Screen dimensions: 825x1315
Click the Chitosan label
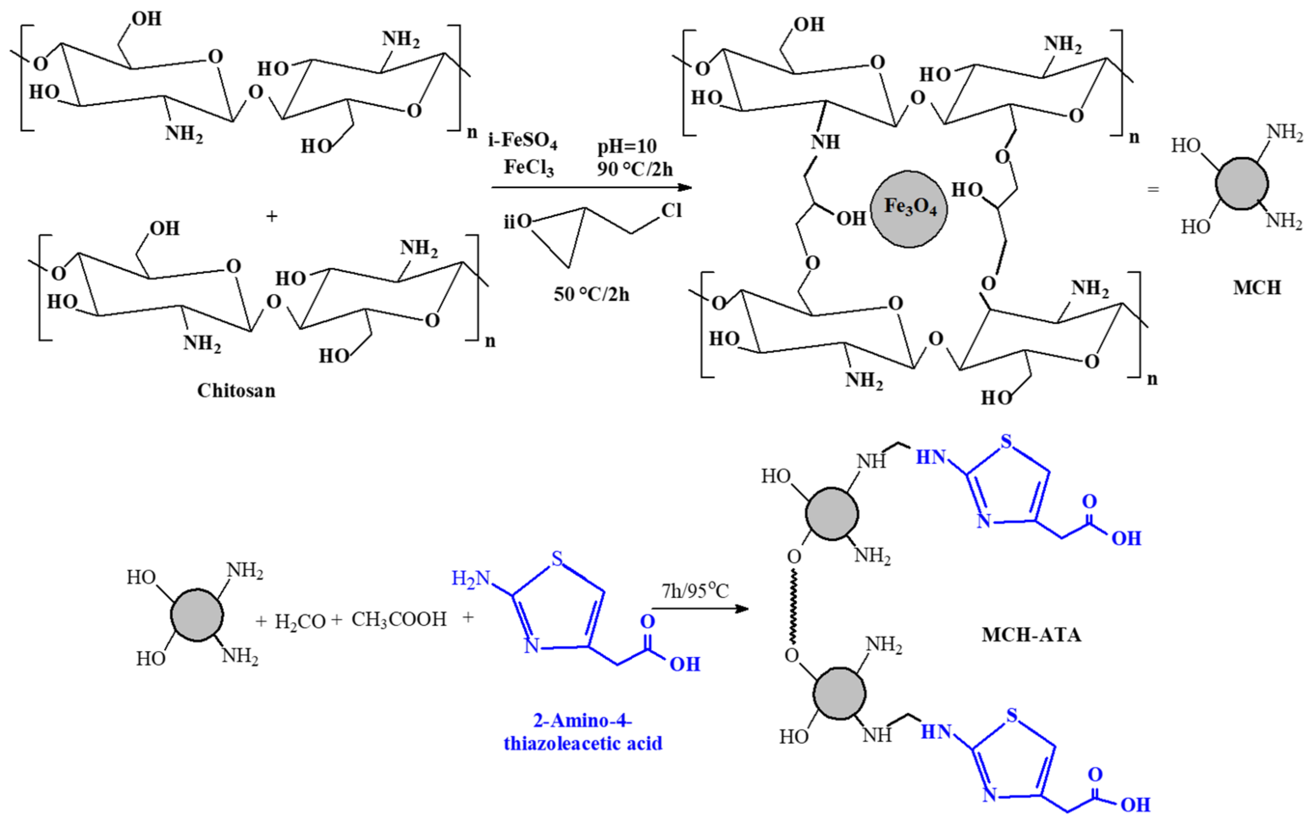236,390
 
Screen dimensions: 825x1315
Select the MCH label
1257,288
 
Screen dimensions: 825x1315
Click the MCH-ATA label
1031,634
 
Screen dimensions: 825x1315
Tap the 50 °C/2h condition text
591,295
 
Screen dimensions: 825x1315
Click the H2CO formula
300,621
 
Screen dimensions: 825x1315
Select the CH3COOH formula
399,619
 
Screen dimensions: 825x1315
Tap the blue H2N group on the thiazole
471,579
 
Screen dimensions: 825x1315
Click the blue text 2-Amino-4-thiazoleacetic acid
583,732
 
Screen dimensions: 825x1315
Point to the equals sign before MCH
1152,189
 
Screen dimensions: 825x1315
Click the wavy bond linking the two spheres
793,606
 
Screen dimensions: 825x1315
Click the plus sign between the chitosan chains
272,216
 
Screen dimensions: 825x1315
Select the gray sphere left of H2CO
197,615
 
